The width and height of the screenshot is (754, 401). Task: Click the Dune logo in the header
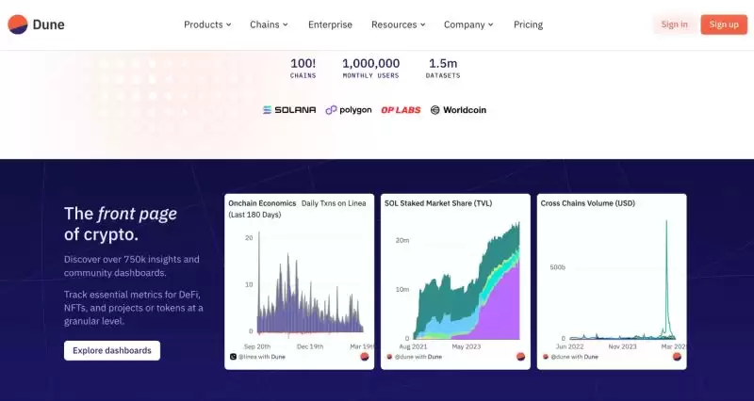[x=36, y=24]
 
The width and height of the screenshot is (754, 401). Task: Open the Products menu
[x=207, y=24]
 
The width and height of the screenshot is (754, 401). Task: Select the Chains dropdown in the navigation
[x=269, y=24]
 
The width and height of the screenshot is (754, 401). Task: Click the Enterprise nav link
[x=330, y=24]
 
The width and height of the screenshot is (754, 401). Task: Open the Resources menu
[x=398, y=24]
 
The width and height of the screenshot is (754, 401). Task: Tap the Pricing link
[x=528, y=24]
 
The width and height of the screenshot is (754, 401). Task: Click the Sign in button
[x=674, y=24]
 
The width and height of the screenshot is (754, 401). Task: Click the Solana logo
[x=288, y=110]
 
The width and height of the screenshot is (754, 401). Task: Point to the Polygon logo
[x=349, y=110]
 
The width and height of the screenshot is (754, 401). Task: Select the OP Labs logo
[x=401, y=110]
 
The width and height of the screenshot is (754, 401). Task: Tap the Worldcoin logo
[x=458, y=110]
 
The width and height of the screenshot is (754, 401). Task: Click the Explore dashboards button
[x=112, y=350]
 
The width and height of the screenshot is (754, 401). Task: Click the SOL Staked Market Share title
[x=438, y=202]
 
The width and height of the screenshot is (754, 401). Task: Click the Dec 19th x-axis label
[x=311, y=346]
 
